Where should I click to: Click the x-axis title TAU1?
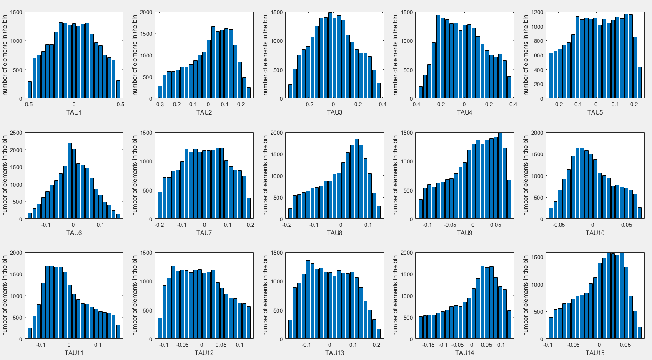pyautogui.click(x=74, y=112)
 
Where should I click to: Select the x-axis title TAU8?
pyautogui.click(x=334, y=232)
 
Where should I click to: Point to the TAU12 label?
pyautogui.click(x=204, y=353)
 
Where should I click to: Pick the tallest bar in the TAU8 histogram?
pyautogui.click(x=356, y=179)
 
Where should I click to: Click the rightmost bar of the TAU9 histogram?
pyautogui.click(x=509, y=199)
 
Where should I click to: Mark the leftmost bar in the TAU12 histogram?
pyautogui.click(x=160, y=328)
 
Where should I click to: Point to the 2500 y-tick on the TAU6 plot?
pyautogui.click(x=16, y=132)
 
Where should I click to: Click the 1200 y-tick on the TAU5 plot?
pyautogui.click(x=537, y=12)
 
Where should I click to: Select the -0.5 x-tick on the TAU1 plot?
pyautogui.click(x=28, y=105)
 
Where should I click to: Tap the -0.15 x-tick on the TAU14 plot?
pyautogui.click(x=428, y=345)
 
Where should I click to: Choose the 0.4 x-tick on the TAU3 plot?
pyautogui.click(x=383, y=105)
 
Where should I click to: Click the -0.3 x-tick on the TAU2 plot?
pyautogui.click(x=159, y=105)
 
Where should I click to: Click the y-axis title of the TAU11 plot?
pyautogui.click(x=5, y=296)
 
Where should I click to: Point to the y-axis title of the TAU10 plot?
pyautogui.click(x=526, y=176)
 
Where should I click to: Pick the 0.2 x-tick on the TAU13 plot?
pyautogui.click(x=376, y=345)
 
